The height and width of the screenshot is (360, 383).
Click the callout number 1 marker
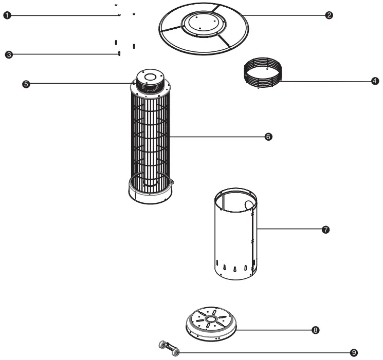coord(7,15)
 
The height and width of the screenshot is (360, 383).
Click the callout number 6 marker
coord(268,137)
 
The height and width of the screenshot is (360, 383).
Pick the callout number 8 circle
coord(316,330)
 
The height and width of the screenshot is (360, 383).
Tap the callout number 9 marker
coord(353,353)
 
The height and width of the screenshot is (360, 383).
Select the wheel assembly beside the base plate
coord(169,349)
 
